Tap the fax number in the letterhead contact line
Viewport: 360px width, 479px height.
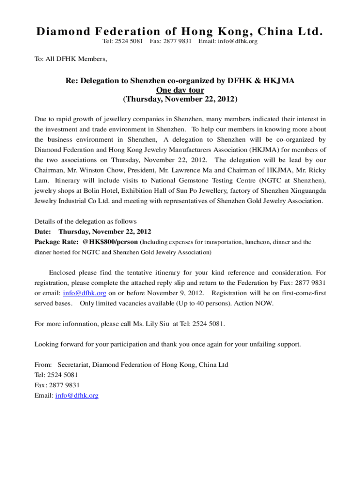tap(171, 42)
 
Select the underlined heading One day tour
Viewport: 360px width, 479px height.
tap(180, 90)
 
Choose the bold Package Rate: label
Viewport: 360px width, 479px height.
tap(56, 242)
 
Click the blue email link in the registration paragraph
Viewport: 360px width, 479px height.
tap(85, 293)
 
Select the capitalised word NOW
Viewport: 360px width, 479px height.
tap(265, 303)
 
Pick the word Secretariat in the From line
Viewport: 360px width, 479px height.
tap(73, 364)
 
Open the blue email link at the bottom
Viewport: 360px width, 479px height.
tap(77, 395)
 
